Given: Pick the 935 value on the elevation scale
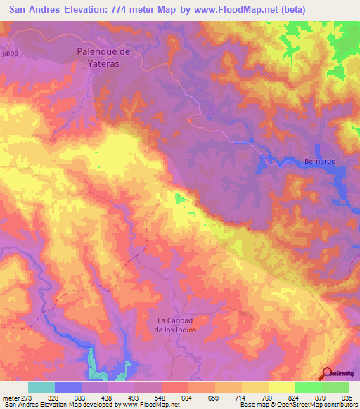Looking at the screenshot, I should pyautogui.click(x=348, y=397).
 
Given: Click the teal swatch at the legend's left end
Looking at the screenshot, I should pyautogui.click(x=41, y=387).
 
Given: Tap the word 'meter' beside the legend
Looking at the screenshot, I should pyautogui.click(x=8, y=397).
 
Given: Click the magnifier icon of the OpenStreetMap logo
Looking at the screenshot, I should pyautogui.click(x=327, y=374).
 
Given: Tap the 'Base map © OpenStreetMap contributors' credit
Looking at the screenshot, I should pyautogui.click(x=297, y=405).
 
